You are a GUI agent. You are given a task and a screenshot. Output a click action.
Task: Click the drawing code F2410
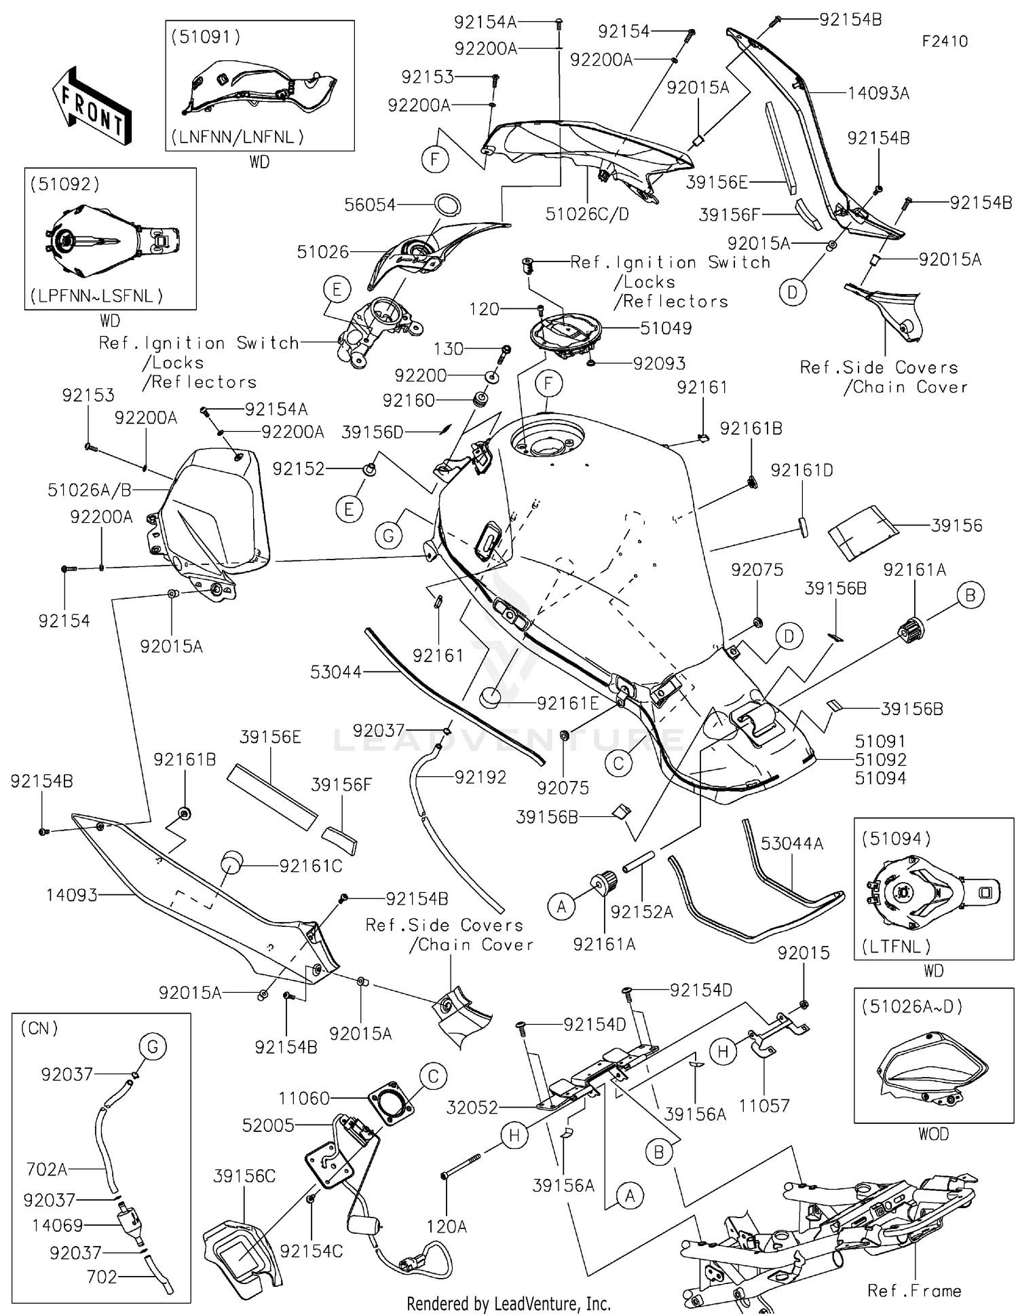[944, 41]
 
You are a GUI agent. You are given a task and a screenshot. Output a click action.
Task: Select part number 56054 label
[370, 204]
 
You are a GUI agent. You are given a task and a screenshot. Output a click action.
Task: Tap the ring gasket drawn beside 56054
[448, 204]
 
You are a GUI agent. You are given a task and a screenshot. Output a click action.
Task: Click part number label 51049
[666, 328]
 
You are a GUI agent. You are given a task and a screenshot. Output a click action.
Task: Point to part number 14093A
[878, 93]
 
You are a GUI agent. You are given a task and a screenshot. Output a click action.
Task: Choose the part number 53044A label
[791, 843]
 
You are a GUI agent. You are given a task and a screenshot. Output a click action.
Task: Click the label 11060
[304, 1098]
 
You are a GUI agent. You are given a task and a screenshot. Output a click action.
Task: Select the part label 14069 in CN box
[57, 1226]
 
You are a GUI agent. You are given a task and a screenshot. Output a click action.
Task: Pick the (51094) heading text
[896, 839]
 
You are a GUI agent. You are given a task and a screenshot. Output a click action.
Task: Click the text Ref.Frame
[913, 1291]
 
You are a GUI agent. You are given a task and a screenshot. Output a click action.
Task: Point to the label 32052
[472, 1108]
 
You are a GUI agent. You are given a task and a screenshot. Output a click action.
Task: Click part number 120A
[446, 1226]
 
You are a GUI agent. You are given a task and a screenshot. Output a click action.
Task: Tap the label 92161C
[311, 866]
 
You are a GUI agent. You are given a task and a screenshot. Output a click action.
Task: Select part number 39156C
[244, 1176]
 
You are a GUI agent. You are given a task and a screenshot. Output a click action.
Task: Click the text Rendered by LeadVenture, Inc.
[508, 1304]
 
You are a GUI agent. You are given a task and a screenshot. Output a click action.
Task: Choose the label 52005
[268, 1125]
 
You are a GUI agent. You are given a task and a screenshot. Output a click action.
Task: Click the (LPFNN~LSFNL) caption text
[96, 296]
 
